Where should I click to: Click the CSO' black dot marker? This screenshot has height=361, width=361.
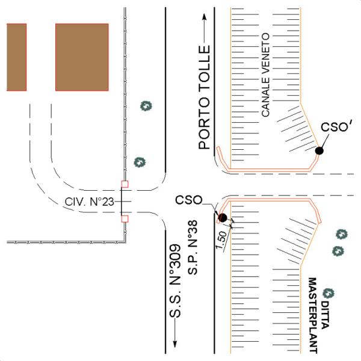pos(319,150)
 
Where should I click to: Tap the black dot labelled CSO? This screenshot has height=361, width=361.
pos(223,218)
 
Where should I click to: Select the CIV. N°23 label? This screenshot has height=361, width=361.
pos(89,202)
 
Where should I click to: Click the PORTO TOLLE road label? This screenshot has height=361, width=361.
pos(205,97)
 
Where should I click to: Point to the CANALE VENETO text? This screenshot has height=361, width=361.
pos(265,75)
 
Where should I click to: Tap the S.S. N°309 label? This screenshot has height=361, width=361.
pos(175,280)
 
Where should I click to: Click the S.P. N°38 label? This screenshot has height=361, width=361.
pos(193,247)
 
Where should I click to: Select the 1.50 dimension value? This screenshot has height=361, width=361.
pos(221,240)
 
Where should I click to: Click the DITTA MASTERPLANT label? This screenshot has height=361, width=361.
pos(319,315)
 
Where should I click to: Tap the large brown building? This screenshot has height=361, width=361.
pos(82,57)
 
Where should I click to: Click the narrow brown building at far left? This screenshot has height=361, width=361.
pos(17,57)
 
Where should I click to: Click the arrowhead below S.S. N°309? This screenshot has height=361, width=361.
pos(175,344)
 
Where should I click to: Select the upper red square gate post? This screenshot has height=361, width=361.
pos(125,184)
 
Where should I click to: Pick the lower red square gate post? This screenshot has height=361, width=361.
pos(125,219)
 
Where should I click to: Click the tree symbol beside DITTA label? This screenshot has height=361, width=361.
pos(329,293)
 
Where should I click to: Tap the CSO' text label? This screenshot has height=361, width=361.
pos(336,126)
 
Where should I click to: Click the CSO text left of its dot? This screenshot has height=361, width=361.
pos(188,200)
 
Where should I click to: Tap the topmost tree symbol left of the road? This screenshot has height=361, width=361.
pos(146,106)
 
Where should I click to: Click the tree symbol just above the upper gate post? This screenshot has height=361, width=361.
pos(140,162)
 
